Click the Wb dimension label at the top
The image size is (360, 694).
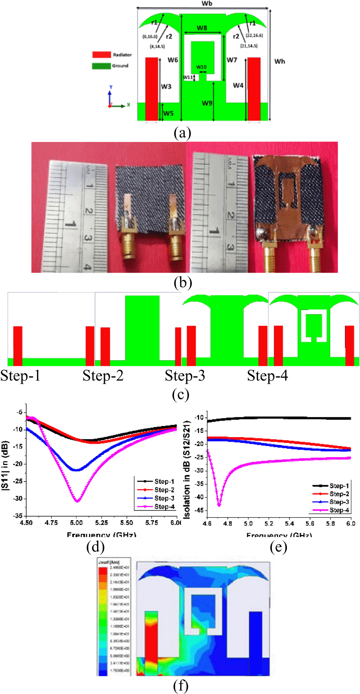(x=207, y=3)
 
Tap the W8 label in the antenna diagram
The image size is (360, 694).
(x=202, y=28)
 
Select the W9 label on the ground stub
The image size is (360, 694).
(x=207, y=103)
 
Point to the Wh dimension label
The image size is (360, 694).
(x=280, y=61)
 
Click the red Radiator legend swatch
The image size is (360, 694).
(x=101, y=55)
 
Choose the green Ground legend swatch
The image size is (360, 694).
(x=101, y=66)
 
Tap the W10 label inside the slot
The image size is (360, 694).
(x=201, y=67)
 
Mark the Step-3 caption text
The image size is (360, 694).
(x=185, y=376)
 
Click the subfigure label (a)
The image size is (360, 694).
(x=182, y=133)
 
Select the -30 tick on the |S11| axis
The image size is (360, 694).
(x=18, y=499)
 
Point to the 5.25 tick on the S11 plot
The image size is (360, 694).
(x=101, y=523)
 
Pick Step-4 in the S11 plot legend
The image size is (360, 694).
(x=164, y=507)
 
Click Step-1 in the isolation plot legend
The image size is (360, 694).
(x=339, y=486)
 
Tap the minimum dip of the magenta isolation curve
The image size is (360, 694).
(x=219, y=505)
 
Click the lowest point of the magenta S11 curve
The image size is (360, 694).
(x=77, y=501)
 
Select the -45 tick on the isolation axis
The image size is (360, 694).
(x=199, y=511)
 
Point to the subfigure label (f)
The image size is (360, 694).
(x=181, y=686)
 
